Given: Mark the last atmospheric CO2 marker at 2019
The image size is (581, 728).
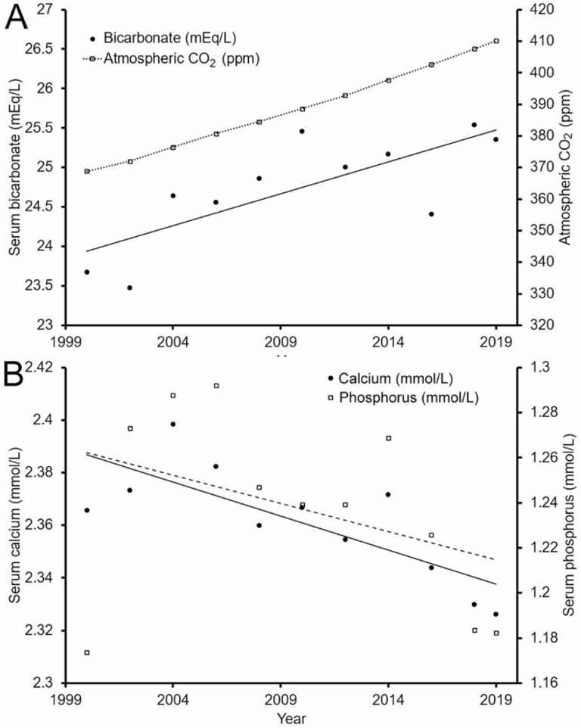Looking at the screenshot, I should [496, 41].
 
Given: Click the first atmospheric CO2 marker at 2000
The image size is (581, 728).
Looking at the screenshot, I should [87, 171].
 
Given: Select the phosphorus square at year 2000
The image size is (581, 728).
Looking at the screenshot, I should [87, 652].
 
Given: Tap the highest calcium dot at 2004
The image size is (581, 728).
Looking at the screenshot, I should [172, 424].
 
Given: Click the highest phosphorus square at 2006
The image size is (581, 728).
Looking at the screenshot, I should [216, 385].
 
